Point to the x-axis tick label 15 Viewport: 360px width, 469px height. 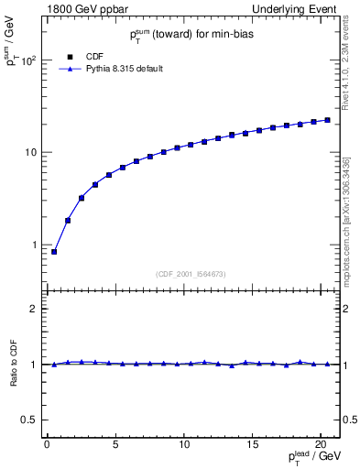[252, 446]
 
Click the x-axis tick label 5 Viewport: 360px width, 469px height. [115, 446]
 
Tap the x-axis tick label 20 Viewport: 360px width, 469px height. [321, 446]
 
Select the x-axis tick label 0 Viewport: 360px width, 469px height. [46, 446]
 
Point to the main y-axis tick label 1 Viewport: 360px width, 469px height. [34, 245]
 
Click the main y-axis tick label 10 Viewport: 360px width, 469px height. [29, 153]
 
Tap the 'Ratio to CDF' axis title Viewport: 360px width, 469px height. [13, 364]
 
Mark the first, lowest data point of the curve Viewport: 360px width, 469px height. [54, 252]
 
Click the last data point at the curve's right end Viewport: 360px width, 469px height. [327, 120]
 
